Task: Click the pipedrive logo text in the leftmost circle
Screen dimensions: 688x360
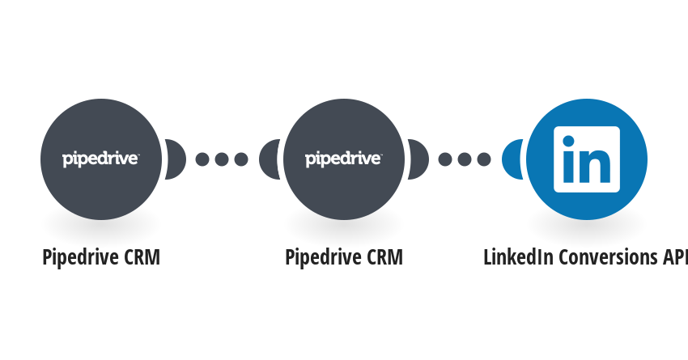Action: click(100, 159)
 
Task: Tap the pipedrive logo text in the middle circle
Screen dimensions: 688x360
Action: click(343, 159)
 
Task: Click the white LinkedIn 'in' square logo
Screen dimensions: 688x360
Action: click(587, 159)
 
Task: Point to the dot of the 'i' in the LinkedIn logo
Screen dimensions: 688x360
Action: click(568, 142)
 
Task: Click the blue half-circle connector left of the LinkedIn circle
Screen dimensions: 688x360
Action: click(512, 159)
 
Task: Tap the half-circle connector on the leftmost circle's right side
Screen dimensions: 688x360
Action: click(176, 159)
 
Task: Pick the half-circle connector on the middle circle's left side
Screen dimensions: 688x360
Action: click(270, 159)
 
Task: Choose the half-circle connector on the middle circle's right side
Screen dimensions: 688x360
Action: click(418, 159)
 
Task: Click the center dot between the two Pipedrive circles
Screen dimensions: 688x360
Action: click(222, 159)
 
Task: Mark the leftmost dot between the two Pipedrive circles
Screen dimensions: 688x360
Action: click(202, 159)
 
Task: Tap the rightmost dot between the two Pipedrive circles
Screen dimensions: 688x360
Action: click(241, 159)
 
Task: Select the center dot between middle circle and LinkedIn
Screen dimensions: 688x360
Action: click(465, 159)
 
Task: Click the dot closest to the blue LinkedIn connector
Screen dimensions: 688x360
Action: click(484, 159)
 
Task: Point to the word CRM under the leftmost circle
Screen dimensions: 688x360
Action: click(142, 257)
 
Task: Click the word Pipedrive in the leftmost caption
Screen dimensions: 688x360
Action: click(81, 258)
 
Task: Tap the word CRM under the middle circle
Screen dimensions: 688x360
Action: click(384, 257)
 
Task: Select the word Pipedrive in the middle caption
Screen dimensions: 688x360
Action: click(324, 258)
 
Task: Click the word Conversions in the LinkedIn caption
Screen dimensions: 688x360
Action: click(608, 257)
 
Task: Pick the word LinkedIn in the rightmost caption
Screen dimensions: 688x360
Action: click(518, 257)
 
